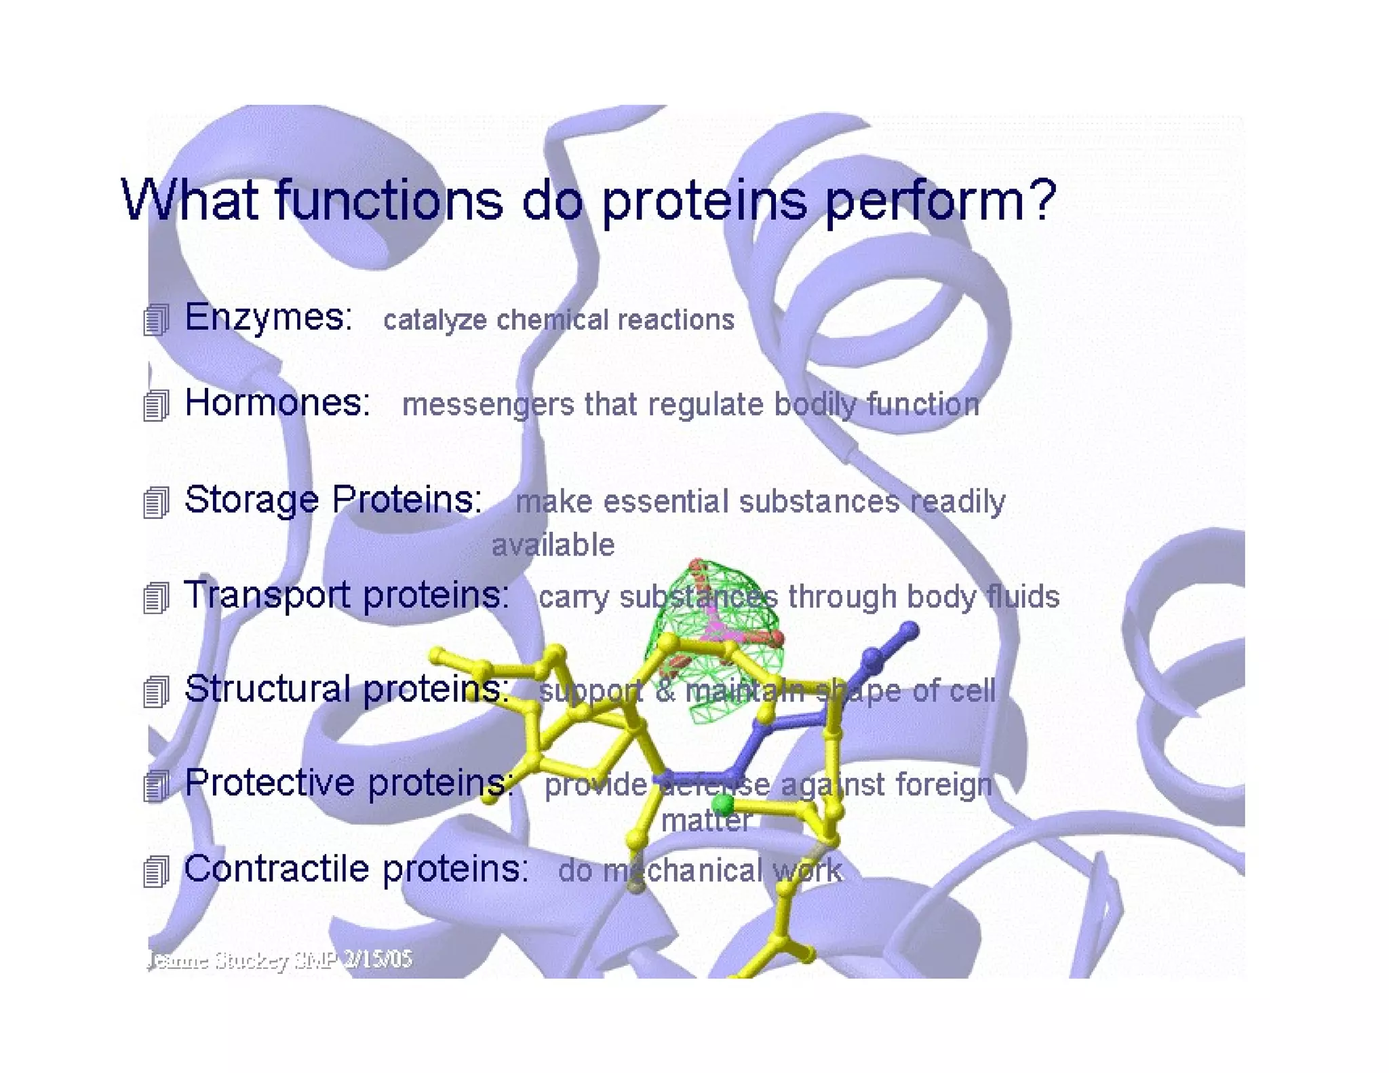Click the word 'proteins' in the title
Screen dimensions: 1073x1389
[705, 201]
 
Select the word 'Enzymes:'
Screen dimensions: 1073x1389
[269, 317]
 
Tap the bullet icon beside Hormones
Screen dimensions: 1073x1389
[155, 406]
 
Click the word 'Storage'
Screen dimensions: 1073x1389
[252, 501]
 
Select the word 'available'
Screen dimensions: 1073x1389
[553, 545]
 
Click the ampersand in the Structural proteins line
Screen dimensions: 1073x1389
[664, 691]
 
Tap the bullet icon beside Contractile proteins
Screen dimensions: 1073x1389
[155, 872]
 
